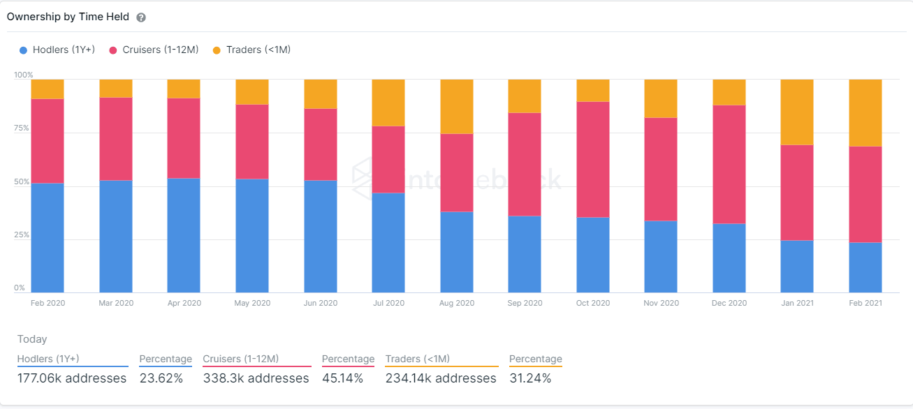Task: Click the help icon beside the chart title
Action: point(141,17)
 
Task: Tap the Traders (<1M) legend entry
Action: point(251,50)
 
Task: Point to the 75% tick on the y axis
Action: point(23,128)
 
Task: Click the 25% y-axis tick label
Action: point(23,235)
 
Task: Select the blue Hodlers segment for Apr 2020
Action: point(184,235)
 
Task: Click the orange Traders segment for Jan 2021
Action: point(797,112)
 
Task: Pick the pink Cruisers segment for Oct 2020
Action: point(593,159)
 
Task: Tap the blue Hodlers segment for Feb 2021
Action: point(865,267)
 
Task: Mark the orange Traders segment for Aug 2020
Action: point(457,106)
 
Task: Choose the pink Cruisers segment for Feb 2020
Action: point(48,141)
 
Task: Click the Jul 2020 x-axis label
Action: point(388,303)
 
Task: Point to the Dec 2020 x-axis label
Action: point(729,303)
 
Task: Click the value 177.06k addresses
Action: point(72,378)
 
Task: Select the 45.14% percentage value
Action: point(343,378)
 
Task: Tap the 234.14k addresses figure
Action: point(441,378)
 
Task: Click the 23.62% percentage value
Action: point(161,378)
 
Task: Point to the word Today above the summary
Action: point(32,339)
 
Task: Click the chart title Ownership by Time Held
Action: point(68,17)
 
